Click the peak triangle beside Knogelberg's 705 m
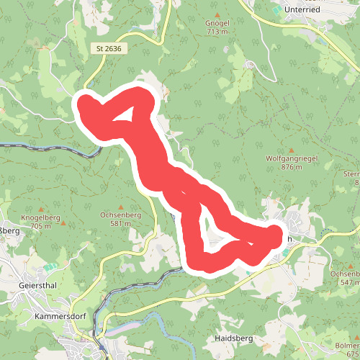tap(62, 225)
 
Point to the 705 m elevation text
tap(41, 226)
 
